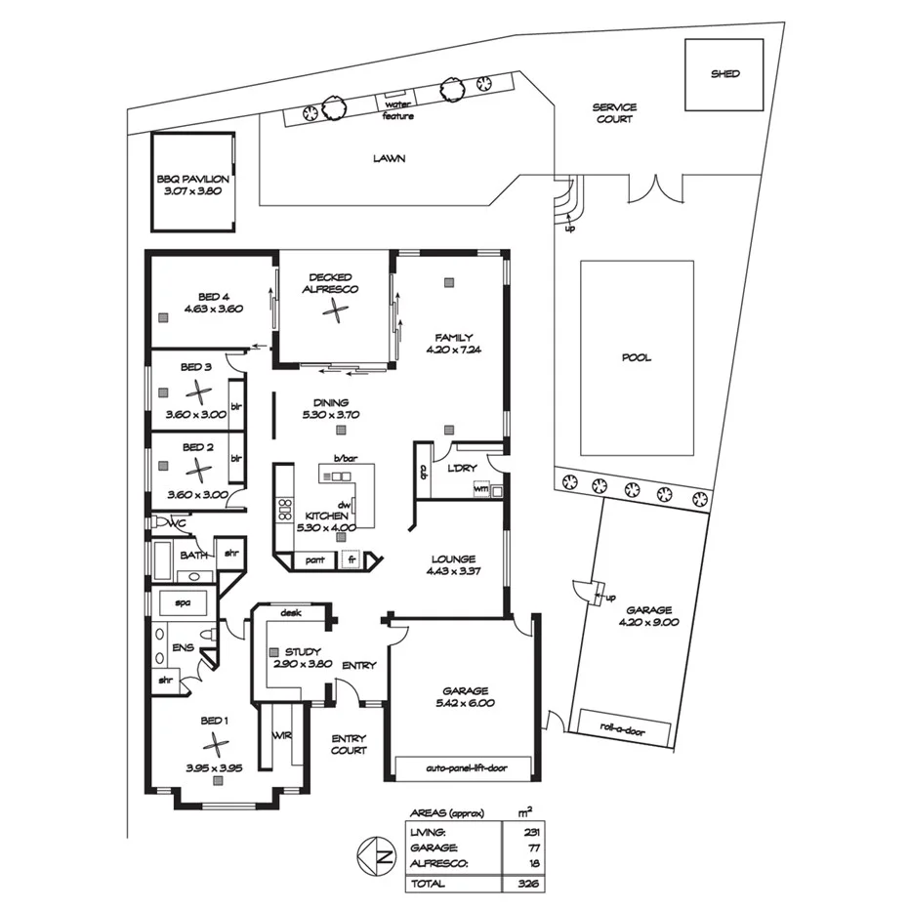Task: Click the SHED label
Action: pyautogui.click(x=724, y=74)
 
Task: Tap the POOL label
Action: pyautogui.click(x=636, y=358)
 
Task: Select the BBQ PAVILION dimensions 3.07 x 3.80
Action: pyautogui.click(x=192, y=192)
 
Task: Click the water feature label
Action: pyautogui.click(x=397, y=110)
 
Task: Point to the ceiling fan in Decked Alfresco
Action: pyautogui.click(x=335, y=310)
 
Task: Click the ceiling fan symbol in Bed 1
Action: pyautogui.click(x=215, y=745)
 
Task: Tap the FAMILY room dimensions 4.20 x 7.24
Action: pyautogui.click(x=454, y=350)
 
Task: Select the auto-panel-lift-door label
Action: pyautogui.click(x=465, y=767)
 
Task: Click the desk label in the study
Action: pyautogui.click(x=290, y=614)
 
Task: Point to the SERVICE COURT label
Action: pyautogui.click(x=614, y=113)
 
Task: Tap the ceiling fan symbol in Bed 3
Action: pyautogui.click(x=198, y=392)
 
